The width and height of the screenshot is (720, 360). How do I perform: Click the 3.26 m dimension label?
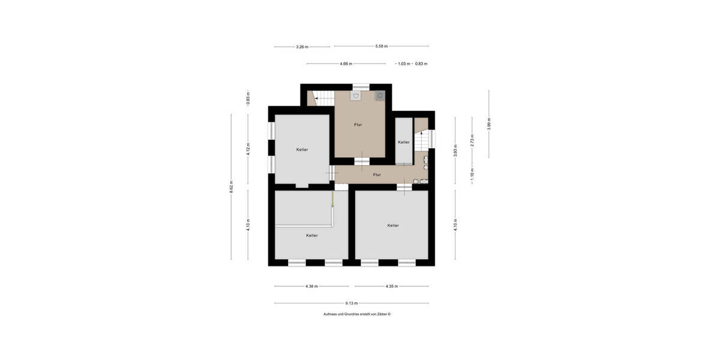point(303,46)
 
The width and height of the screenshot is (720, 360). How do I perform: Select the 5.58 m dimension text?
point(382,46)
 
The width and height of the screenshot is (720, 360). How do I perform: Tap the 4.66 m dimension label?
point(346,63)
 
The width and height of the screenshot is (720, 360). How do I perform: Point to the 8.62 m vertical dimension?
point(231,187)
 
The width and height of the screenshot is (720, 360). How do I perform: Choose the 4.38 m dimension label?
point(311,286)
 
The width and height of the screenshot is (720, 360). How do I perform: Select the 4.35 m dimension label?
point(392,286)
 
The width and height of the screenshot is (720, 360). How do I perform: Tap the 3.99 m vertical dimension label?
point(489,124)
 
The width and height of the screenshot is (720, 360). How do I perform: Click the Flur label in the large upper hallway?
point(358,125)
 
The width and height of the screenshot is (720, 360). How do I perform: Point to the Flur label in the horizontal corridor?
point(377,175)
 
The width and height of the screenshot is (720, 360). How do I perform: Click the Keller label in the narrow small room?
point(403,142)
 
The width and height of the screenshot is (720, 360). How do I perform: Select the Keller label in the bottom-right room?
point(393,226)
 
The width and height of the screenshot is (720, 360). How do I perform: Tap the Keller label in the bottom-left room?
point(311,235)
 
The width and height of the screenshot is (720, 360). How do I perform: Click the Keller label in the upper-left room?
point(302,149)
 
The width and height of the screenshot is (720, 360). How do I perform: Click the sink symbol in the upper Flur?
point(356,95)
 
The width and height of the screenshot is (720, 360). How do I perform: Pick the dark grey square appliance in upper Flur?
point(380,94)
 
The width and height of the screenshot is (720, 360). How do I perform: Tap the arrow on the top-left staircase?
point(316,98)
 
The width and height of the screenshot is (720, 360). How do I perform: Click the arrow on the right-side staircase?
point(421,132)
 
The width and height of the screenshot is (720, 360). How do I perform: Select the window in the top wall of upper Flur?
point(361,86)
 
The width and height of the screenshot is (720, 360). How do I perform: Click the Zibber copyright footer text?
point(357,314)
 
